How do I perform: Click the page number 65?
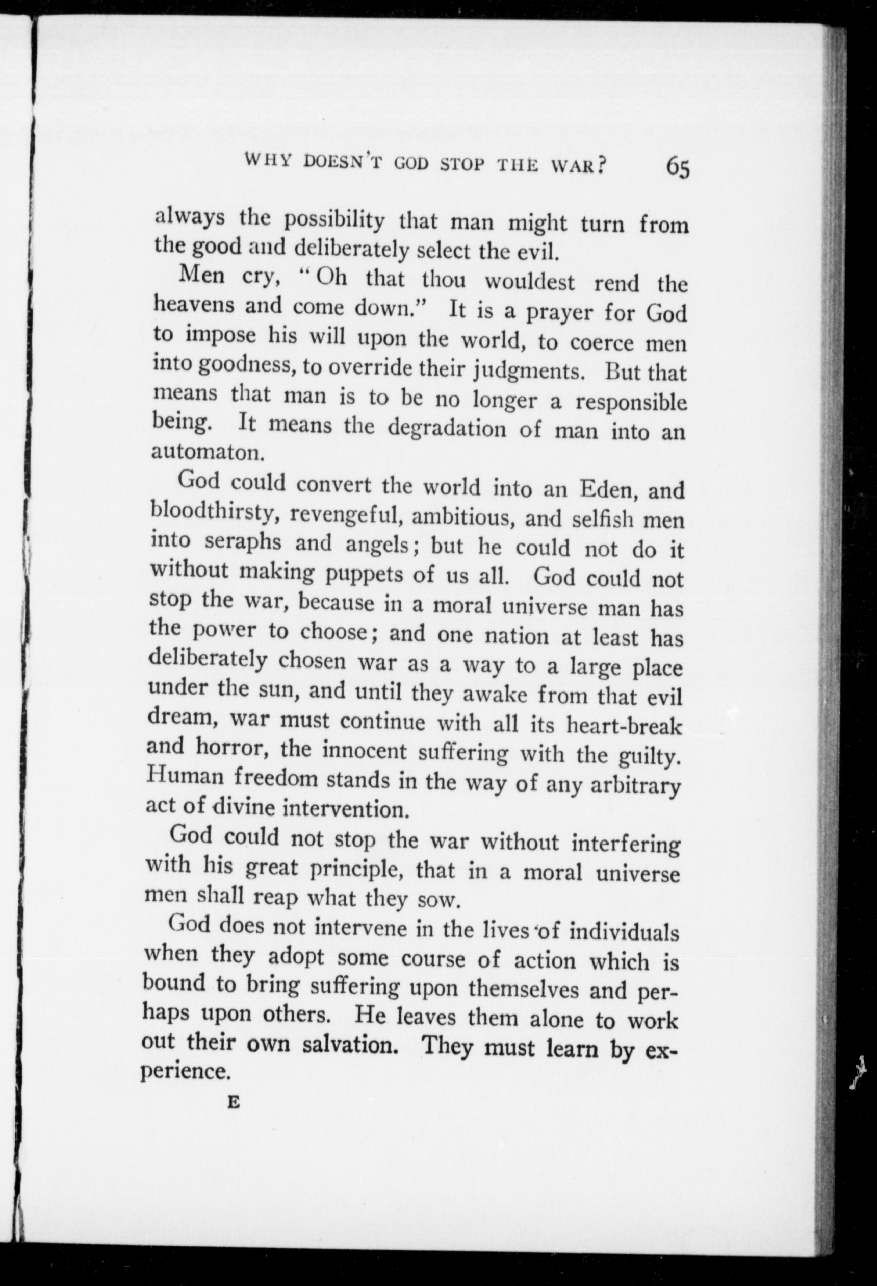tap(678, 166)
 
